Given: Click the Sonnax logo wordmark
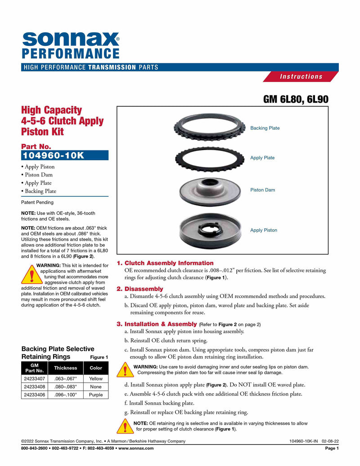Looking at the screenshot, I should click(x=70, y=39).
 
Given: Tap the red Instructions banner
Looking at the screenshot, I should click(x=301, y=77).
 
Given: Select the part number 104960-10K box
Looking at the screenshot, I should click(x=65, y=155).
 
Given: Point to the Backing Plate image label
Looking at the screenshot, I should click(x=265, y=128).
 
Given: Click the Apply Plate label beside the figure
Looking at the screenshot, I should click(x=262, y=158).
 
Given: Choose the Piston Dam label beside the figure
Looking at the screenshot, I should click(x=262, y=190).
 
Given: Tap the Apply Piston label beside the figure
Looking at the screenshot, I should click(x=264, y=231).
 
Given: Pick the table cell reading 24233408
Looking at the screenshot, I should click(x=34, y=386).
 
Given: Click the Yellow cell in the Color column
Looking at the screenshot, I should click(x=96, y=379).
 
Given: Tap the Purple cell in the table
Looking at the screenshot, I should click(x=96, y=395).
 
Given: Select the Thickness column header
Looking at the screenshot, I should click(x=66, y=368).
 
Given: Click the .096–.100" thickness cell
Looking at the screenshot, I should click(x=66, y=395).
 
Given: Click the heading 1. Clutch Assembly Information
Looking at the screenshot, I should click(x=165, y=263).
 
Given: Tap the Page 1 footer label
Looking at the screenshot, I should click(x=332, y=448).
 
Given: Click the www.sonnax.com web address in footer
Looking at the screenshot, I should click(x=136, y=448).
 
